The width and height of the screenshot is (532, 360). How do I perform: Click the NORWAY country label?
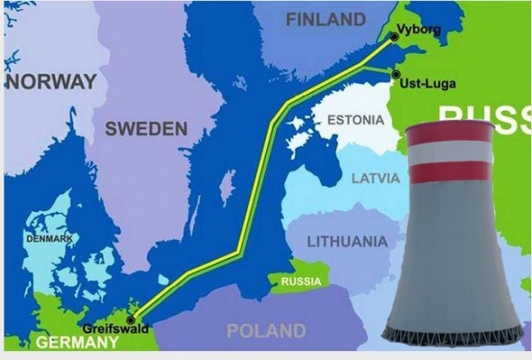click(51, 82)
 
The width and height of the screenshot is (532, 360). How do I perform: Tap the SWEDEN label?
click(146, 129)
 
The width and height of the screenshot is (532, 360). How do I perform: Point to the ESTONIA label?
click(356, 120)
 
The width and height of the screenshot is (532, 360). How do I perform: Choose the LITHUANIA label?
click(347, 241)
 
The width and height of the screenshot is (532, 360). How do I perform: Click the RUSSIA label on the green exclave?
click(301, 282)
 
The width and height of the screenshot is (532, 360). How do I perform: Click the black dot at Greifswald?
click(131, 319)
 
